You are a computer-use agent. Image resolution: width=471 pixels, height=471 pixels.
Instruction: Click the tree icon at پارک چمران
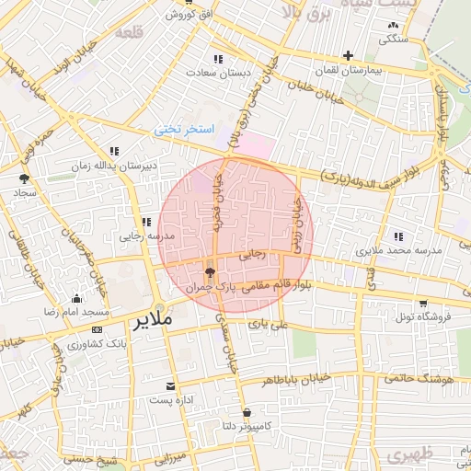(x=210, y=272)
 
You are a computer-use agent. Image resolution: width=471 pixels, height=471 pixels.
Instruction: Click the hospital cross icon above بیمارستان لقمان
(x=348, y=55)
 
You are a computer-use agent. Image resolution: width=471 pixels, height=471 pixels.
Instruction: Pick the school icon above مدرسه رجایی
(x=144, y=221)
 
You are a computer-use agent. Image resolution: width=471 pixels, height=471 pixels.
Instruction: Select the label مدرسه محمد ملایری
(x=398, y=250)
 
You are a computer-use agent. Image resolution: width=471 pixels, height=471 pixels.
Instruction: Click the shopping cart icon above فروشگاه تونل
(x=421, y=303)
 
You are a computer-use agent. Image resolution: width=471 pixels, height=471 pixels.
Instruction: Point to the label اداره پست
(x=170, y=401)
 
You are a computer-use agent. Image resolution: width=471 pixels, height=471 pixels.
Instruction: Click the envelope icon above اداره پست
(x=170, y=386)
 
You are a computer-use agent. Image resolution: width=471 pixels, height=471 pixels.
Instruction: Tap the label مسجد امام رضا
(x=75, y=313)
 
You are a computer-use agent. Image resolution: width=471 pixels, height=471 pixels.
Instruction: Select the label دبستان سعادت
(x=216, y=72)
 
